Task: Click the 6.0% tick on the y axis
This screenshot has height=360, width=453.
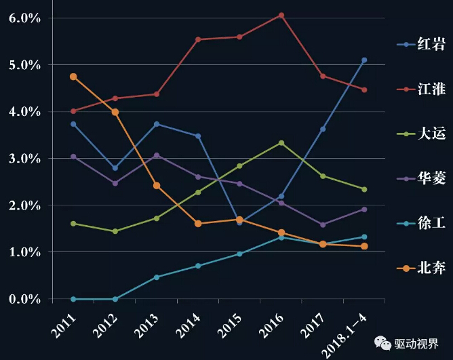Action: tap(25, 18)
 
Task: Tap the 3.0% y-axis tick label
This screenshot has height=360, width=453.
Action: tap(25, 159)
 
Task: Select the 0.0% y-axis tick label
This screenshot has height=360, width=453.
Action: tap(25, 299)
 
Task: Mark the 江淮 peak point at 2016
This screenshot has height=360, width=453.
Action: tap(281, 15)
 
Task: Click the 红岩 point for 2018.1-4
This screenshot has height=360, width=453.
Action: tap(364, 60)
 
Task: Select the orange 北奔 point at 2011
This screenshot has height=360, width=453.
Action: tap(73, 77)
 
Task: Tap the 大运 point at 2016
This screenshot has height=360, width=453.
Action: tap(281, 143)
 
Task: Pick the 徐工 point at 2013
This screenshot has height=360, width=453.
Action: tap(157, 277)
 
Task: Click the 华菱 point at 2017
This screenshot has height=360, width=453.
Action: tap(323, 224)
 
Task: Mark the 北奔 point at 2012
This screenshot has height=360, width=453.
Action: tap(115, 112)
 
